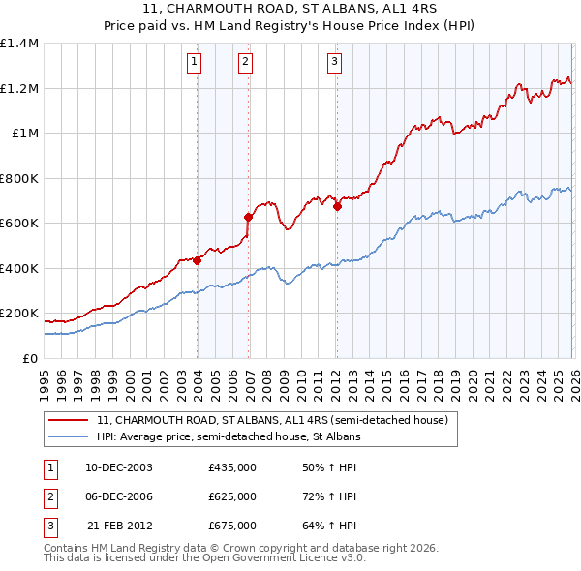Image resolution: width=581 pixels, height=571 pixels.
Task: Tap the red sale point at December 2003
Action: [x=198, y=260]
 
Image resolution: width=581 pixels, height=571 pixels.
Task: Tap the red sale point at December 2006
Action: [x=249, y=218]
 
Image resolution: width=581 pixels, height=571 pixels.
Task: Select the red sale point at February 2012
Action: [x=337, y=206]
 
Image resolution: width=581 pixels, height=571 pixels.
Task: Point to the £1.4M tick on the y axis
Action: [x=19, y=44]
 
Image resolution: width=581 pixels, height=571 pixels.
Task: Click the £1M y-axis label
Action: [x=25, y=134]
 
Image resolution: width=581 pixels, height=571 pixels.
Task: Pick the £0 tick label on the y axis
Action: [x=31, y=358]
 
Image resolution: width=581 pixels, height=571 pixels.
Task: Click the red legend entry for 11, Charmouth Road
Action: [x=271, y=421]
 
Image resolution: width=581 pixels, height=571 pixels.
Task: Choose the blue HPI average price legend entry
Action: [x=228, y=437]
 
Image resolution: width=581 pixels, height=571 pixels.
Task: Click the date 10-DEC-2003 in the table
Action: [x=119, y=467]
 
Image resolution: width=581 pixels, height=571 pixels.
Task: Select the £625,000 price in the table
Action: [x=231, y=496]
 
